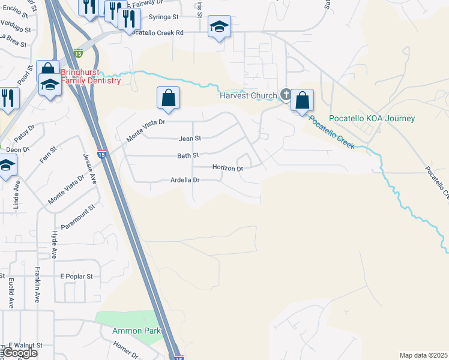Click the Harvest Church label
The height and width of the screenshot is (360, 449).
point(248,95)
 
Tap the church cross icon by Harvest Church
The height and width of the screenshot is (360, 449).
point(286,94)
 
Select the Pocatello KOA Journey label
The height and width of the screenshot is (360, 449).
point(372,118)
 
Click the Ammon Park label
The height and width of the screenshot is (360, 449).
point(135,331)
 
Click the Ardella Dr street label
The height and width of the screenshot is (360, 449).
point(185,180)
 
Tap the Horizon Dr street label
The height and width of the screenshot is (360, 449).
point(228,169)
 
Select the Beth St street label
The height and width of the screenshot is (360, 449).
point(188,155)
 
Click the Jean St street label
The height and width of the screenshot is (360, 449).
point(190,139)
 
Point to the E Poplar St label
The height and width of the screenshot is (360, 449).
point(77,277)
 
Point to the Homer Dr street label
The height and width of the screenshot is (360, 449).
point(125,349)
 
